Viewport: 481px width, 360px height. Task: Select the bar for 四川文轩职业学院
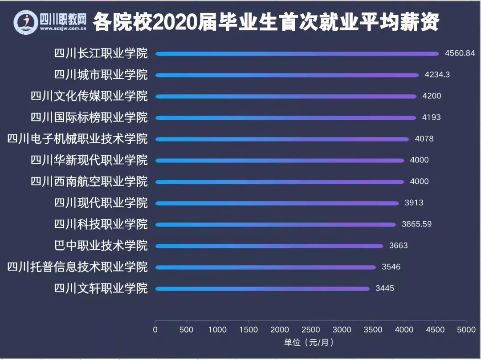pyautogui.click(x=262, y=289)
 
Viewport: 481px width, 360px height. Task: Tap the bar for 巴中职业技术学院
pyautogui.click(x=269, y=246)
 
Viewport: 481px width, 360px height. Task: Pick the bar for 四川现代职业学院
pyautogui.click(x=277, y=203)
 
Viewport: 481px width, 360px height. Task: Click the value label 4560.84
pyautogui.click(x=460, y=53)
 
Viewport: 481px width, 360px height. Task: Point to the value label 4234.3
pyautogui.click(x=437, y=75)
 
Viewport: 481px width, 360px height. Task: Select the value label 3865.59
pyautogui.click(x=416, y=224)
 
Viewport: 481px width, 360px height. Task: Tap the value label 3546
pyautogui.click(x=391, y=267)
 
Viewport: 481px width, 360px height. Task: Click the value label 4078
pyautogui.click(x=424, y=139)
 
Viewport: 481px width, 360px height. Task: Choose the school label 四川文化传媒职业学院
pyautogui.click(x=89, y=96)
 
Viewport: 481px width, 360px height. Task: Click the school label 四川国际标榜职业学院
pyautogui.click(x=89, y=117)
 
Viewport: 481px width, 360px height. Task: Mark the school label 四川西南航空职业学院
pyautogui.click(x=89, y=182)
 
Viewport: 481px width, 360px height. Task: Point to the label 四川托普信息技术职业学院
pyautogui.click(x=77, y=267)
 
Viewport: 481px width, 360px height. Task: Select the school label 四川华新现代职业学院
pyautogui.click(x=89, y=160)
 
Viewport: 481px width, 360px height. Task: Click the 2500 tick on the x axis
pyautogui.click(x=311, y=330)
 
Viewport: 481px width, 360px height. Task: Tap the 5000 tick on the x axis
pyautogui.click(x=466, y=330)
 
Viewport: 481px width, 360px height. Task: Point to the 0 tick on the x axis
pyautogui.click(x=155, y=330)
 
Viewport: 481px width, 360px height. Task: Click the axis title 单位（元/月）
pyautogui.click(x=309, y=343)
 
